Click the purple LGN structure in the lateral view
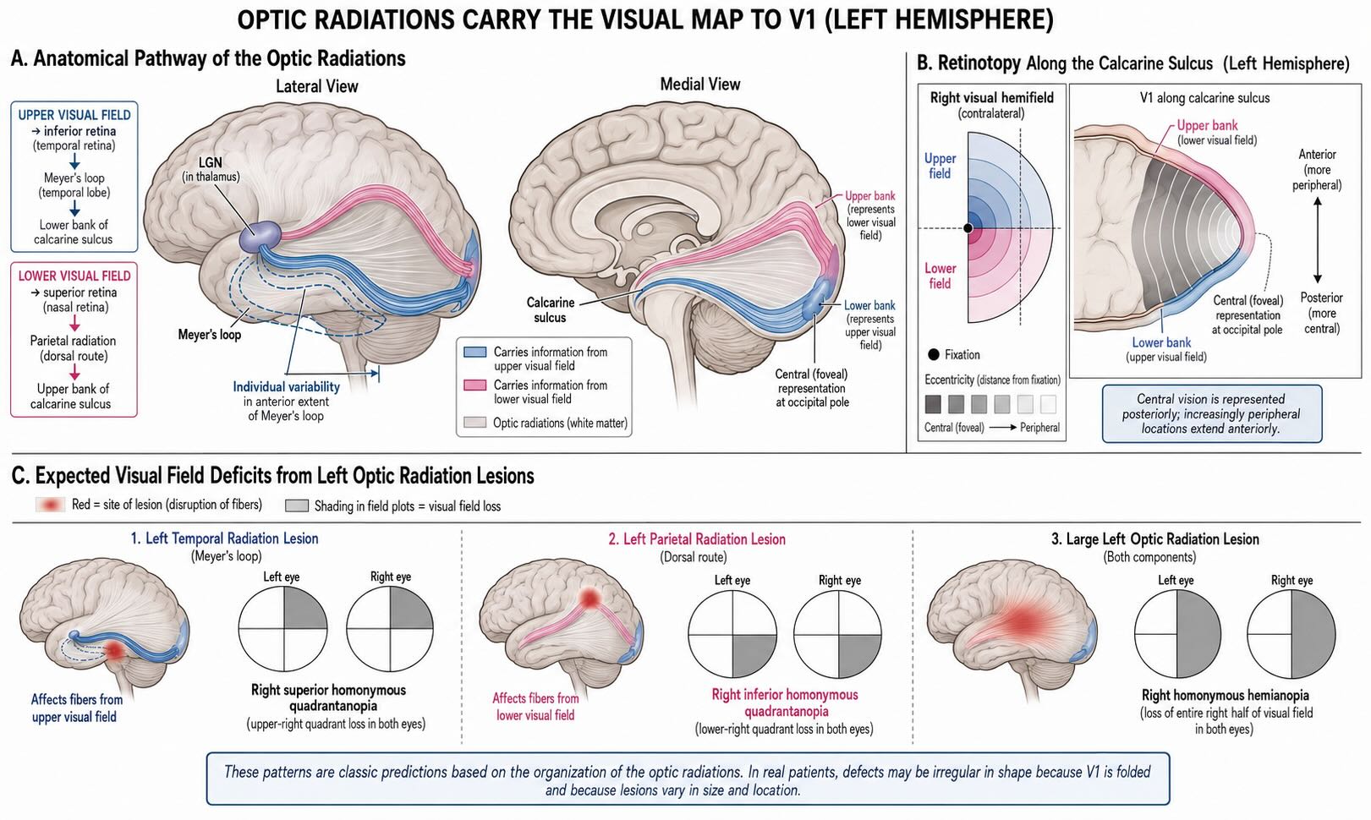[x=260, y=236]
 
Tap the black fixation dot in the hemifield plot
[x=968, y=228]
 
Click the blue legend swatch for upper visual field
[x=475, y=352]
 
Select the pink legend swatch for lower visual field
[x=475, y=385]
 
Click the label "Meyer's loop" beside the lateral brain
[x=209, y=335]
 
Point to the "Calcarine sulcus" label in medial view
[x=551, y=309]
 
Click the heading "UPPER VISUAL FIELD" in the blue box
[x=74, y=115]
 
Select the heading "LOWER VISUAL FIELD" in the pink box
[x=74, y=276]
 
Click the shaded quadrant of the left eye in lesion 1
[x=304, y=609]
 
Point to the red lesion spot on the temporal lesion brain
[x=115, y=651]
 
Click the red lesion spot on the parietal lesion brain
[x=590, y=598]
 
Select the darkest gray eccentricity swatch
[x=933, y=404]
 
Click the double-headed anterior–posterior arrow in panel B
[x=1318, y=240]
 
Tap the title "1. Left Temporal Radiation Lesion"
[x=225, y=538]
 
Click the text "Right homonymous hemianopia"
[x=1226, y=695]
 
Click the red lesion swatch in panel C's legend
[x=50, y=504]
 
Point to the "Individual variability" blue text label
[x=286, y=386]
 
